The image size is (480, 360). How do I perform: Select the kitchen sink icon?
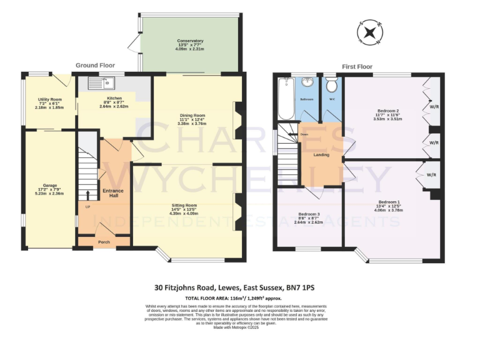point(100,81)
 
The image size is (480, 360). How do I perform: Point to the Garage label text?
point(50,186)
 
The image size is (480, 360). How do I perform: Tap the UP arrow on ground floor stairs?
point(87,195)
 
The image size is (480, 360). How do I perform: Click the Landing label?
point(321,154)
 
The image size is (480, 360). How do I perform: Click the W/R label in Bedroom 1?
point(431,175)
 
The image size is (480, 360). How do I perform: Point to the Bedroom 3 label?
point(309,213)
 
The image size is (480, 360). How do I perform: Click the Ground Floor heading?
point(95,65)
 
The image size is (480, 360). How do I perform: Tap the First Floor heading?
point(357,66)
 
